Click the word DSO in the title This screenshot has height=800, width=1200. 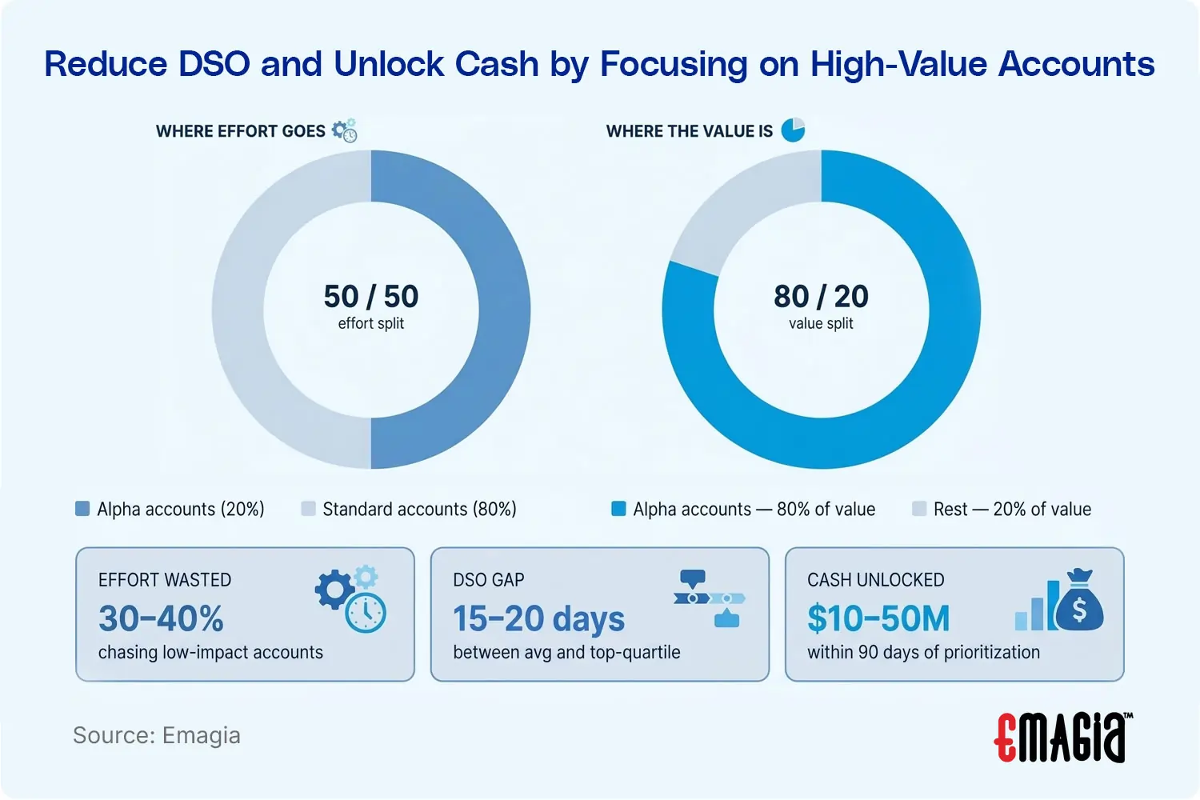tap(214, 64)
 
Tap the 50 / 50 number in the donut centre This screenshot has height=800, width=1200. tap(371, 297)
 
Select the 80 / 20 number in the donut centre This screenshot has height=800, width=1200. tap(821, 297)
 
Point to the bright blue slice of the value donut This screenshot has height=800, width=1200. tap(920, 384)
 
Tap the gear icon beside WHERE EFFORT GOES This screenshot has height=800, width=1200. tap(345, 130)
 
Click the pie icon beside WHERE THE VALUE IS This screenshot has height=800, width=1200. tap(793, 130)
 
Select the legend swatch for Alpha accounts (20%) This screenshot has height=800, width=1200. tap(82, 509)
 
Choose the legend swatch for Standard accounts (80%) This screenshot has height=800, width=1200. tap(308, 509)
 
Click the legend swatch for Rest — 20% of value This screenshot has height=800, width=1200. tap(919, 509)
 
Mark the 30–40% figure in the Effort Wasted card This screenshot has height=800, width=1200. tap(161, 618)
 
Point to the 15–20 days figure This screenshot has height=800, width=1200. tap(538, 618)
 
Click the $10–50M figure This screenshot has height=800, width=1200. tap(878, 618)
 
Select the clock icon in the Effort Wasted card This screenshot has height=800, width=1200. tap(366, 614)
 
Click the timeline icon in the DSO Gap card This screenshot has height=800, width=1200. tap(710, 598)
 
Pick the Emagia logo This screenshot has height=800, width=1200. tap(1063, 737)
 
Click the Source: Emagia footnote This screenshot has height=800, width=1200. tap(157, 735)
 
